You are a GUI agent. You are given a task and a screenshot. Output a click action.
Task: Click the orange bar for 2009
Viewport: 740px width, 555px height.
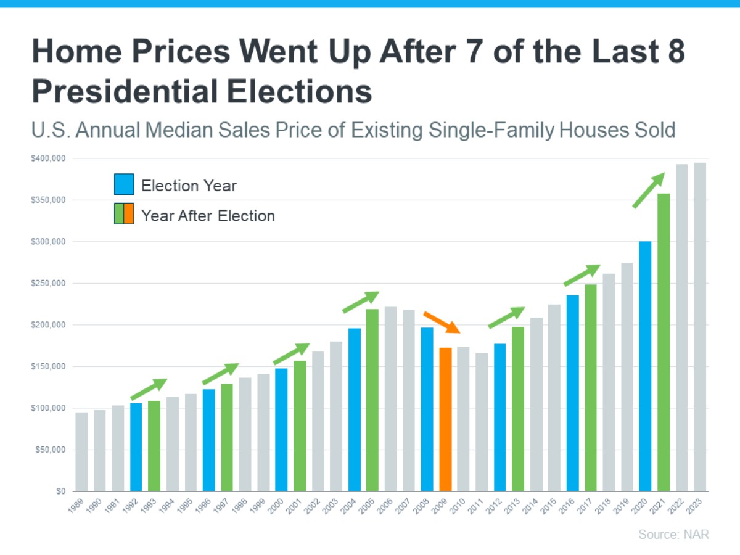point(445,419)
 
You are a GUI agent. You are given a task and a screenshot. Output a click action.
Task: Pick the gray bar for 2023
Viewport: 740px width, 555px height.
point(700,327)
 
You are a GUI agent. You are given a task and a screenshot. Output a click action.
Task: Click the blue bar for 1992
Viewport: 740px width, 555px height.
point(136,447)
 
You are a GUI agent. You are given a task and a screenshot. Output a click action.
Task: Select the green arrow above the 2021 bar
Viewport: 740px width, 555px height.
point(649,190)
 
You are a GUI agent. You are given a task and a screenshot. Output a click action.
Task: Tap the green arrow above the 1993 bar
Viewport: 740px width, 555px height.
point(149,389)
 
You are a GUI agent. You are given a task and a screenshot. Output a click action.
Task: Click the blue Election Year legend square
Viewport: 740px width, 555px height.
point(124,185)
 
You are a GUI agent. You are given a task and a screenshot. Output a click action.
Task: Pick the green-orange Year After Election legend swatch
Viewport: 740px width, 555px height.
point(124,214)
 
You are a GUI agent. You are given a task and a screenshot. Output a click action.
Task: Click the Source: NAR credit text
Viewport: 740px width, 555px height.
point(673,534)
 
